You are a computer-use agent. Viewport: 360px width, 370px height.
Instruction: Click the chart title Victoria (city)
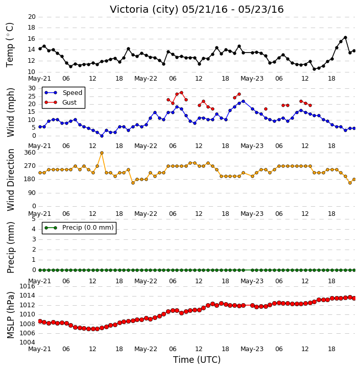(x=144, y=10)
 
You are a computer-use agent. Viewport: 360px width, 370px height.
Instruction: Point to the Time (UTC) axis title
(x=197, y=360)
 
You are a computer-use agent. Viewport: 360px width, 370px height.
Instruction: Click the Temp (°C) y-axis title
(x=10, y=45)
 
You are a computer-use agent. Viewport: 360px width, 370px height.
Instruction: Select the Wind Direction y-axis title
(x=11, y=180)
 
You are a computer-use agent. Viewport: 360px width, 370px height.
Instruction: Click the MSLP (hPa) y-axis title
(x=11, y=315)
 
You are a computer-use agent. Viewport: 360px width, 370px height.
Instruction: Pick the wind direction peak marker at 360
(x=102, y=153)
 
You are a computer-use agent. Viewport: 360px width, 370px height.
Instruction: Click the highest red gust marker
(x=182, y=93)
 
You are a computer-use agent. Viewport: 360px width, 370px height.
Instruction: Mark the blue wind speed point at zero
(x=102, y=136)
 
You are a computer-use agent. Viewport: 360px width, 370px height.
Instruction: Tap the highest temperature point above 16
(x=345, y=38)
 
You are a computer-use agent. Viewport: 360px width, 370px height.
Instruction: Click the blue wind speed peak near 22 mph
(x=244, y=102)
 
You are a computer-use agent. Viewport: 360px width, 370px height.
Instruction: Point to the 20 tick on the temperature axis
(x=32, y=17)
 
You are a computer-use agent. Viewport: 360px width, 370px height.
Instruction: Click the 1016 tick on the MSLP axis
(x=28, y=286)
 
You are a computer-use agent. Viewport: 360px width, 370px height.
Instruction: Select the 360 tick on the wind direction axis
(x=30, y=153)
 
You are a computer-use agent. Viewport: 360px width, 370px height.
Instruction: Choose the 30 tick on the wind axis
(x=32, y=88)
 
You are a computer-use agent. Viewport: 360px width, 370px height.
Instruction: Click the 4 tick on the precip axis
(x=34, y=229)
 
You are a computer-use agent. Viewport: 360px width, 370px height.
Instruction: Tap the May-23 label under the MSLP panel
(x=252, y=349)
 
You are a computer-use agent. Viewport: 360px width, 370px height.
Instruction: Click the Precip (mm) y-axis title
(x=11, y=248)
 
